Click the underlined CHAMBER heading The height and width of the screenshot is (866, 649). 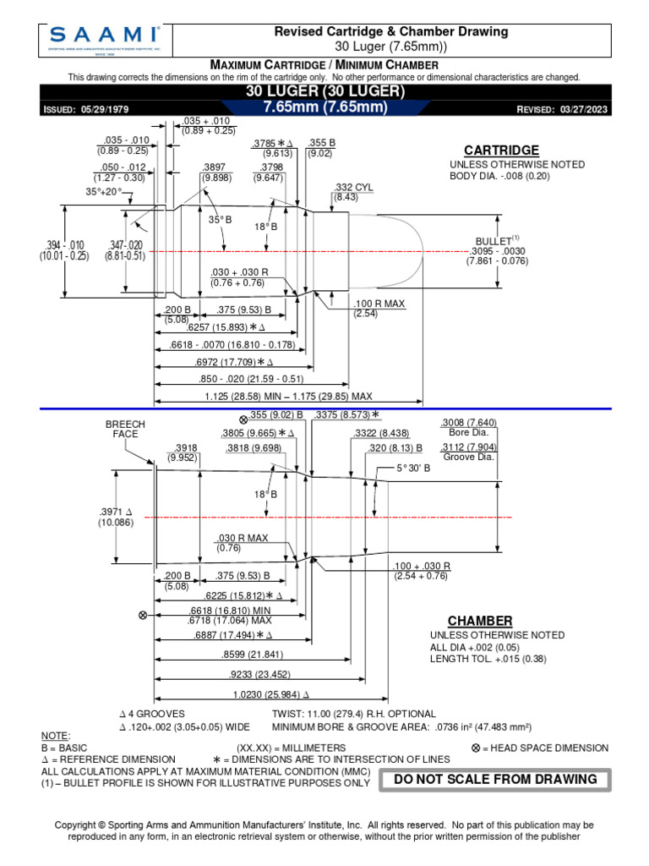[x=480, y=621]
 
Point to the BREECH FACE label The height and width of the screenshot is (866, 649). [x=125, y=429]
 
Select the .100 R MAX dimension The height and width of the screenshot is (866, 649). [x=379, y=303]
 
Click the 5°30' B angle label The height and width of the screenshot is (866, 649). [x=414, y=468]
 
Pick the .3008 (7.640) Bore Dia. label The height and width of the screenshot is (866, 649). [x=468, y=428]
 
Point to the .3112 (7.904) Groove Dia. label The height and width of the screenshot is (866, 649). [x=469, y=452]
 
